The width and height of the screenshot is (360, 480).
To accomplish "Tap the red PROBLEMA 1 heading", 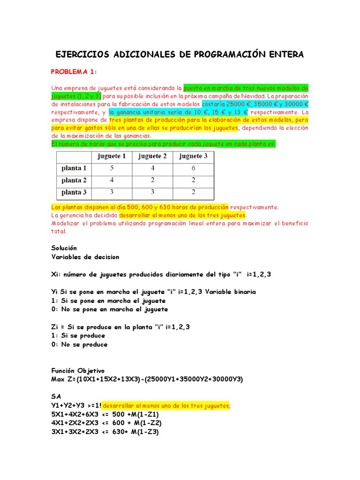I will [x=74, y=71].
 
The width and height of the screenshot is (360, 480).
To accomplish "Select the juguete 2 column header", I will [x=152, y=156].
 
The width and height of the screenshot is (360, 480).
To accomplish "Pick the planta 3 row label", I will [x=74, y=192].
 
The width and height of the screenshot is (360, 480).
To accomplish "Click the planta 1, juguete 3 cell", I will [x=193, y=168].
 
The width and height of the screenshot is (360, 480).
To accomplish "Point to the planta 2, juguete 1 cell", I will [x=112, y=180].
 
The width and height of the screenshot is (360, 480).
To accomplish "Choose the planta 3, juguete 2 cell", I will [x=152, y=192].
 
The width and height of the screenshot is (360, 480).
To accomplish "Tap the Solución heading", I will [x=64, y=248].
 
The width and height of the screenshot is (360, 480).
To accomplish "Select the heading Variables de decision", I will [x=85, y=257].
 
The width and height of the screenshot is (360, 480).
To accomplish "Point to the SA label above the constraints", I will [x=56, y=397].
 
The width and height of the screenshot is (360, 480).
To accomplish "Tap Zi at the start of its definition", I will [x=55, y=327].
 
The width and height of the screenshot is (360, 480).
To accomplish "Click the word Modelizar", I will [x=67, y=224].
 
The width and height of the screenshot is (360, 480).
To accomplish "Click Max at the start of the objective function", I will [x=59, y=379].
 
